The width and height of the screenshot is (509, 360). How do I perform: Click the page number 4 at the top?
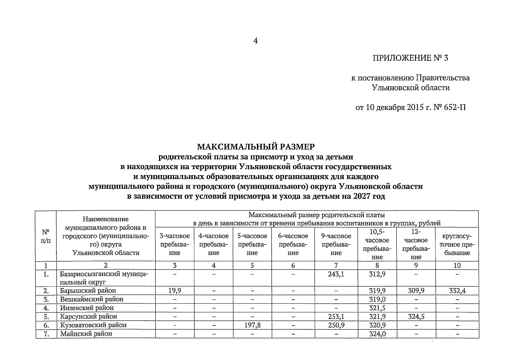(255, 41)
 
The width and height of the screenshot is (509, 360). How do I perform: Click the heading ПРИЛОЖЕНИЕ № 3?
(410, 58)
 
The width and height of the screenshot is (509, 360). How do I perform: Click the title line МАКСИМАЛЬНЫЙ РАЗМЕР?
(256, 147)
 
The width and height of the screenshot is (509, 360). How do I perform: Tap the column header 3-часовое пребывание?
(175, 244)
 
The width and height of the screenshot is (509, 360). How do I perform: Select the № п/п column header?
(46, 236)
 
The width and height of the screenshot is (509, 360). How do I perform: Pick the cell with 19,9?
(175, 290)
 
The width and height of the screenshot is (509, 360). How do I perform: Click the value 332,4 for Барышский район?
(457, 290)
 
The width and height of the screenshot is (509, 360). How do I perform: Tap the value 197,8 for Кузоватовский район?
(252, 325)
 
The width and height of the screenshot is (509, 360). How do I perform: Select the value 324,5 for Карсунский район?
(416, 316)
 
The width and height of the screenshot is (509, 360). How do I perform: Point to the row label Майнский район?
(86, 334)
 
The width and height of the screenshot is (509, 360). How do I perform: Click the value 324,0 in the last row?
(377, 334)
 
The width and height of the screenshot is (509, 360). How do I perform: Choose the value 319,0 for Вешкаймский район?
(377, 299)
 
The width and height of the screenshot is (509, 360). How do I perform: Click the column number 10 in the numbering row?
(457, 265)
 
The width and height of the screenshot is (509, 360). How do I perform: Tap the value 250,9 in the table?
(336, 325)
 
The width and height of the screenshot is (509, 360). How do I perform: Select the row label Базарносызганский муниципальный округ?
(103, 278)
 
